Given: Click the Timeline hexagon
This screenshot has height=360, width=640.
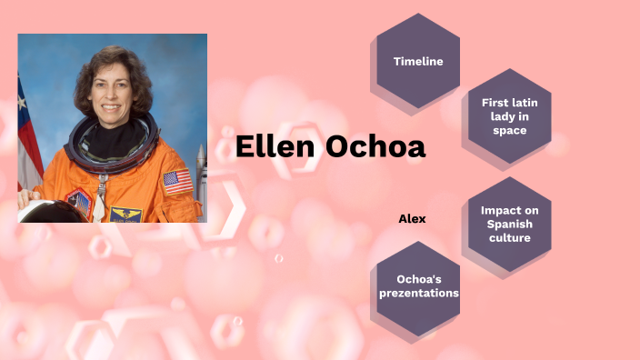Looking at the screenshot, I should point(418,61).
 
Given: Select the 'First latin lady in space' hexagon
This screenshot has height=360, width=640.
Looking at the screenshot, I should point(509,115).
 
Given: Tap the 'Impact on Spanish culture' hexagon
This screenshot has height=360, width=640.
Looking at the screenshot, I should point(509,224).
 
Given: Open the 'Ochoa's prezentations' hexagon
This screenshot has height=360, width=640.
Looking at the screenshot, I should point(418,285).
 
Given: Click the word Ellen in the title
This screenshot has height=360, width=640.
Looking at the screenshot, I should point(275,147).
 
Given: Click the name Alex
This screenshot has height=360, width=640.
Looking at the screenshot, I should point(412,219).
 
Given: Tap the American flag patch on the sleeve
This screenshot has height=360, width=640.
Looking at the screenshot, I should point(178,182).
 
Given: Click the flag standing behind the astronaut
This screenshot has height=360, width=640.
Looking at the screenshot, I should point(27,136).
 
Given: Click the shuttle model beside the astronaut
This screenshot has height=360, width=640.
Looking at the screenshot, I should point(201,177).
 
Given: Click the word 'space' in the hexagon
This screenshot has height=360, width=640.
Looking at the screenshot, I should point(509,130).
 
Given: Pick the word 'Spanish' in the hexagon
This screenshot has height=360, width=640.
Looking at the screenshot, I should point(509,224).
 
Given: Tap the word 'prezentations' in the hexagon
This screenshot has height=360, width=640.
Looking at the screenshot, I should point(418,293).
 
